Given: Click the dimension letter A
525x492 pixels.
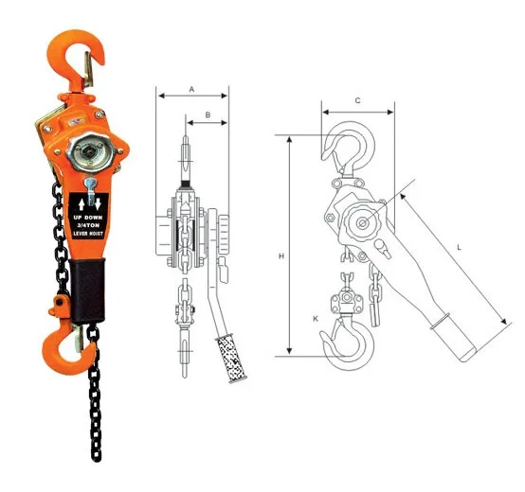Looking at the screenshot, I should pyautogui.click(x=192, y=88).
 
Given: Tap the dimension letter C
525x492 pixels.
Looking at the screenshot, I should pyautogui.click(x=356, y=100).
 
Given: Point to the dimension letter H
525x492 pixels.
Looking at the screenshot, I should pyautogui.click(x=281, y=255).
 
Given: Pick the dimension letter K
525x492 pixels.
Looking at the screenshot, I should pyautogui.click(x=315, y=321).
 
